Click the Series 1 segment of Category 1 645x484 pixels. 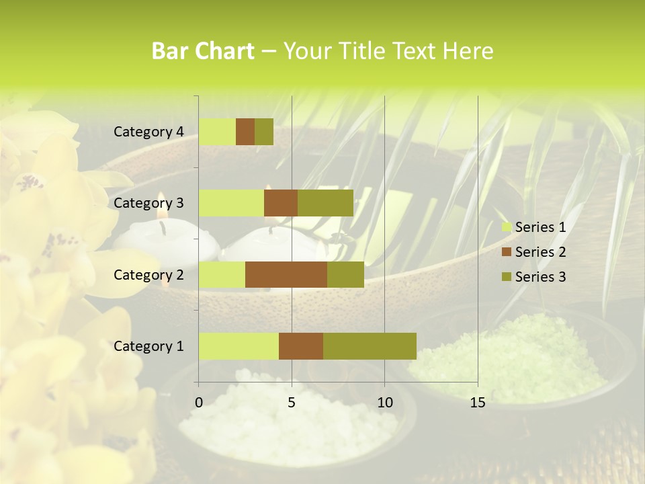[239, 346]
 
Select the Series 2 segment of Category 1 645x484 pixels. [301, 346]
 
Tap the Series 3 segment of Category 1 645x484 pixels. [370, 346]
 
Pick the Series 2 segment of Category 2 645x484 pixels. [286, 274]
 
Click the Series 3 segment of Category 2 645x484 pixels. [345, 274]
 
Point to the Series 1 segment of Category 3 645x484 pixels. [231, 203]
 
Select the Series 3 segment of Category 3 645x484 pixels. [325, 203]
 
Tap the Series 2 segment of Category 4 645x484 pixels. [245, 132]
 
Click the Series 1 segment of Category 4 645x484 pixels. [217, 132]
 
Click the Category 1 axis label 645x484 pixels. [148, 346]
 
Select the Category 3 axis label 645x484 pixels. [148, 203]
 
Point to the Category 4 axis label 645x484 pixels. [148, 132]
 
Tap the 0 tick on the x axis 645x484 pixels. [199, 403]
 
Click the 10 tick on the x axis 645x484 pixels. [384, 403]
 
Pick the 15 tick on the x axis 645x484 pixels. [478, 403]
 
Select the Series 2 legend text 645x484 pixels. [540, 252]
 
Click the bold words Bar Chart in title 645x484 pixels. [203, 51]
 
